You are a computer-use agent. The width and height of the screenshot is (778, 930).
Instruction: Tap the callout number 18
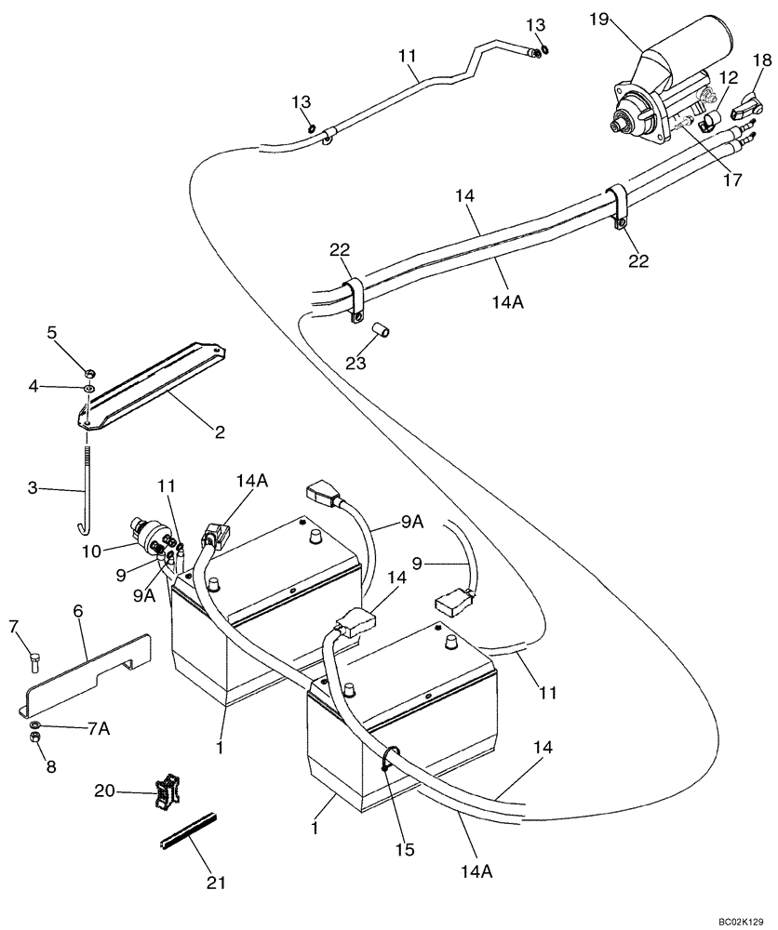coord(762,60)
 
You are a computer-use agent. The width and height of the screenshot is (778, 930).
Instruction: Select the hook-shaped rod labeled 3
coord(86,494)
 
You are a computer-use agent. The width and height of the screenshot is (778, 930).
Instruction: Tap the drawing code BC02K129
coord(740,917)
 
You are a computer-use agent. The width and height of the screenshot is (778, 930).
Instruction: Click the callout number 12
coord(727,80)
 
